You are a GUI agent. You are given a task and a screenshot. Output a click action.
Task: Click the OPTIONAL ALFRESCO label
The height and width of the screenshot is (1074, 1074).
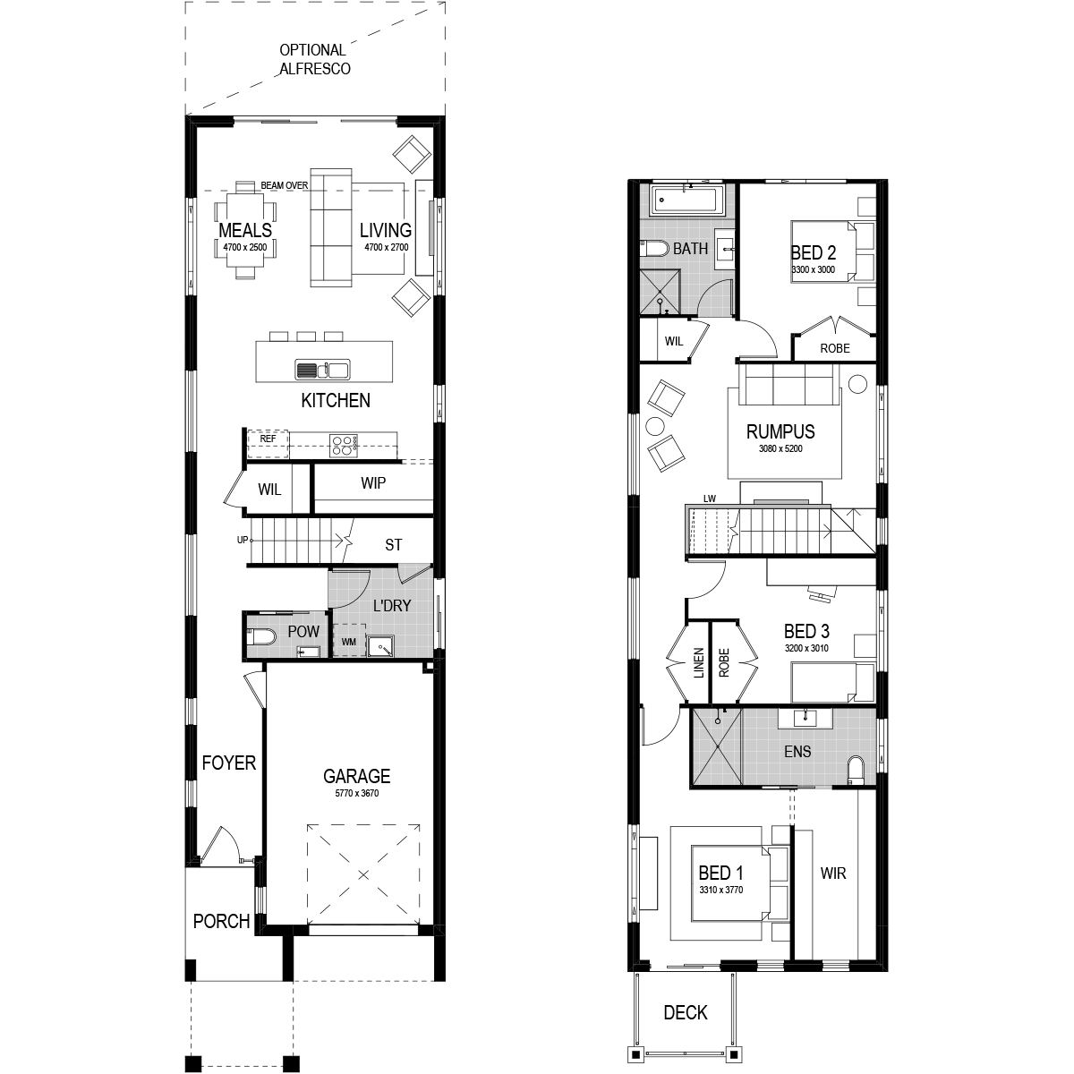[314, 59]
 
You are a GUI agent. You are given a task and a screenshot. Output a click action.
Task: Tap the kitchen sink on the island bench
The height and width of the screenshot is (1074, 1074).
[323, 370]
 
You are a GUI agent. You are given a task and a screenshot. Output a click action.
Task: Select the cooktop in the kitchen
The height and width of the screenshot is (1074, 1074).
[344, 446]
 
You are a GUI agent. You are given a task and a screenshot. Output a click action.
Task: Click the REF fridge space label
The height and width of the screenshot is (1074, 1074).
[268, 439]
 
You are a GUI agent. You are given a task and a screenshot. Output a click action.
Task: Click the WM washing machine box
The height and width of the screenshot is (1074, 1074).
[348, 642]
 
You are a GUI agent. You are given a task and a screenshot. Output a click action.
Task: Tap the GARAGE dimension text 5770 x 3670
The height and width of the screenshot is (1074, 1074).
[357, 793]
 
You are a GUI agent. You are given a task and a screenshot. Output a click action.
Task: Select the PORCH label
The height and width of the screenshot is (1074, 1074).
[221, 921]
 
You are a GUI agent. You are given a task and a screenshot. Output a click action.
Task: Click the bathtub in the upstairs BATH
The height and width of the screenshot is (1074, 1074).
[687, 199]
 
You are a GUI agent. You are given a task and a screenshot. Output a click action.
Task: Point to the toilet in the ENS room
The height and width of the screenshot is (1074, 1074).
[854, 770]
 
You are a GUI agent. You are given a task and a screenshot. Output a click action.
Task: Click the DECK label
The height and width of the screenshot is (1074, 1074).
[686, 1012]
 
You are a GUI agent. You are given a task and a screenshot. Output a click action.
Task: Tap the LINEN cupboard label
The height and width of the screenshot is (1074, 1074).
[699, 662]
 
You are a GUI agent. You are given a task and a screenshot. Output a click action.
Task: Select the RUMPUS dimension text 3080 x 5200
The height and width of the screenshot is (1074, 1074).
[780, 448]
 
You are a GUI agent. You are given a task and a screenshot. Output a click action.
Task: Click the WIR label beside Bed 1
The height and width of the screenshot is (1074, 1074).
[833, 874]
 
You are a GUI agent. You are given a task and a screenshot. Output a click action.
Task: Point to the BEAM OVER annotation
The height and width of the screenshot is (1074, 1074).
[285, 185]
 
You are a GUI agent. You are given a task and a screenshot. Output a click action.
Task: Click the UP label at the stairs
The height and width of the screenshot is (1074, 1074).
[243, 540]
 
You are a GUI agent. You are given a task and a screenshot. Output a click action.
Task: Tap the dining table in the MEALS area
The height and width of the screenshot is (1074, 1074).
[245, 229]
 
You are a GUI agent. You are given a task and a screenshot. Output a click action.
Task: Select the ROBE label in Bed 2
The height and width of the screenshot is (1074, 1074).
[835, 348]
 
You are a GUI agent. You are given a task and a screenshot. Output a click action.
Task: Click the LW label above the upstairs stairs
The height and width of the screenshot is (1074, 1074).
[710, 499]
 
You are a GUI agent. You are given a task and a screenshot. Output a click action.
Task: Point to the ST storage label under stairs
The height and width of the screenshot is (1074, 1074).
[394, 545]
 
